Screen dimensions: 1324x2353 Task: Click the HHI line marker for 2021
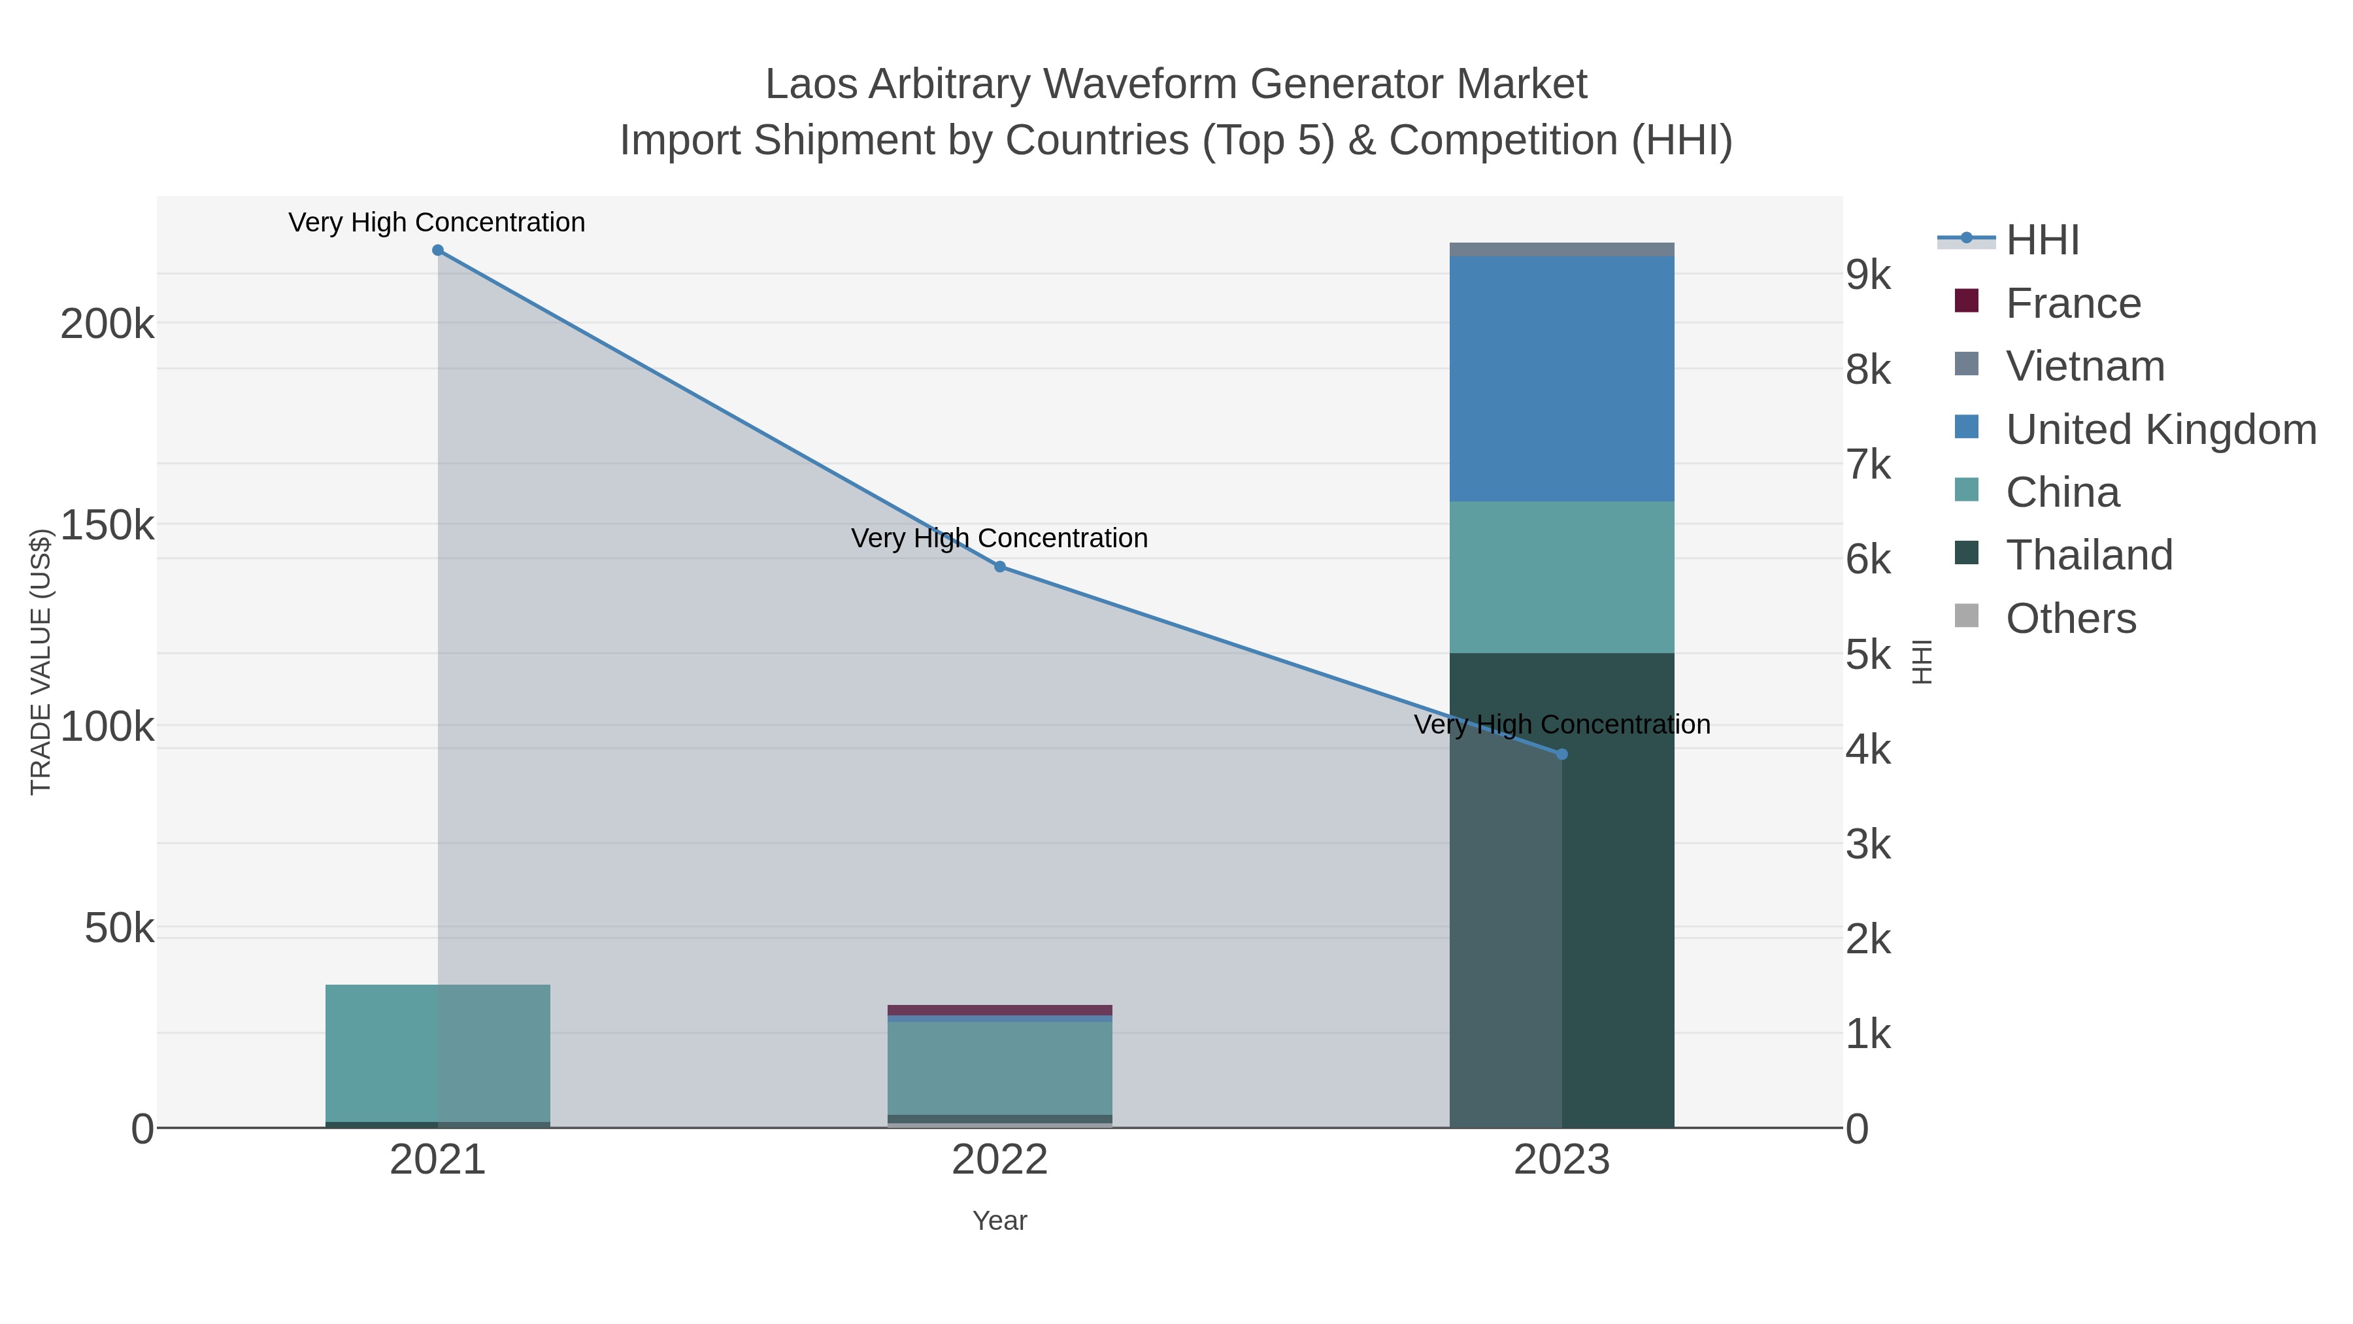pos(437,250)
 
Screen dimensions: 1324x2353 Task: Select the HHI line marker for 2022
pos(999,566)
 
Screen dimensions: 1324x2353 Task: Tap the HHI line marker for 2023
pos(1561,754)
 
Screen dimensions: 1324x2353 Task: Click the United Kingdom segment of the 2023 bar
pos(1561,379)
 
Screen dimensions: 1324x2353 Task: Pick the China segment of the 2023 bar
pos(1561,577)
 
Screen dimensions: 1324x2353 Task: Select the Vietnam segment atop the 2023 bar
pos(1561,250)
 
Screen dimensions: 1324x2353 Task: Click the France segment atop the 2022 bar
pos(999,1010)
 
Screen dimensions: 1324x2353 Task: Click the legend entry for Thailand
pos(2089,556)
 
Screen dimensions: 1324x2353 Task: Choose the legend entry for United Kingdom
pos(2160,430)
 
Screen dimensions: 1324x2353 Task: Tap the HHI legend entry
pos(2043,241)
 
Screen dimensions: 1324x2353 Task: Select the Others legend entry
pos(2071,619)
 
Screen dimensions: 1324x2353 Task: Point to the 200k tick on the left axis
pos(107,324)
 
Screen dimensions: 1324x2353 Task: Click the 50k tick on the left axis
pos(119,929)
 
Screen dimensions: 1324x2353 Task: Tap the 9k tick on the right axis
pos(1868,275)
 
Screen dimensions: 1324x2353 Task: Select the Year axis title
pos(999,1221)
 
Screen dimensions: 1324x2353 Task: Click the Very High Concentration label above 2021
pos(437,223)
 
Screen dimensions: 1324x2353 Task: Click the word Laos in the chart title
pos(811,85)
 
